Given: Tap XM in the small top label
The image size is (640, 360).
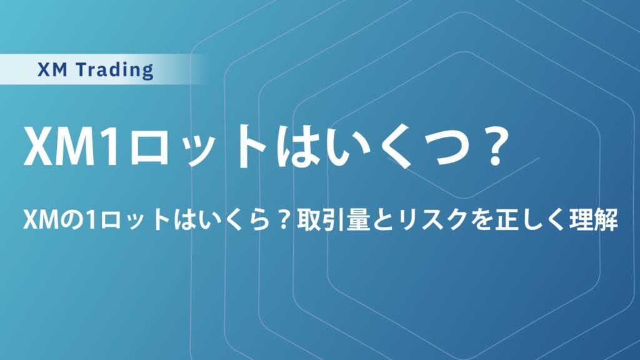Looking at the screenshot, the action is click(x=52, y=70).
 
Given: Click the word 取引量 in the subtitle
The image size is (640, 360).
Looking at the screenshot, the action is click(x=331, y=221).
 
